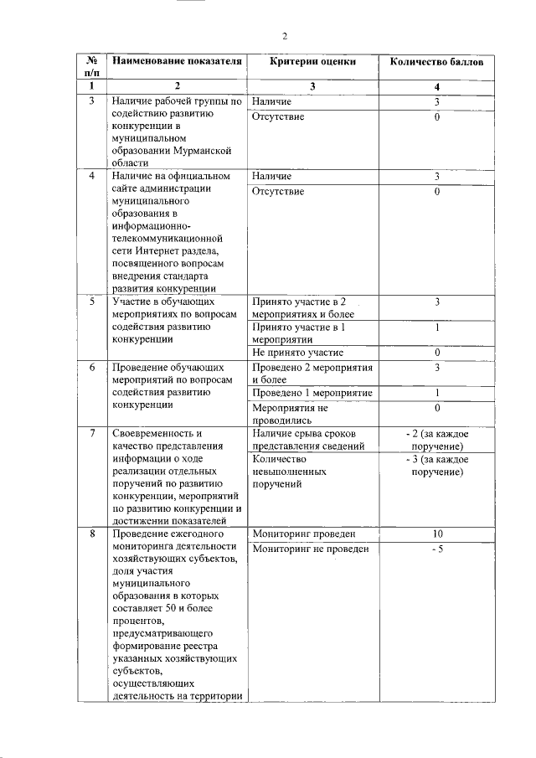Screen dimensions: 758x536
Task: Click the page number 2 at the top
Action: (x=284, y=36)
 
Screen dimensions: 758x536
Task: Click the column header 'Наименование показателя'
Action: (x=177, y=62)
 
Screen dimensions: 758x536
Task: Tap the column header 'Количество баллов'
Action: (x=436, y=62)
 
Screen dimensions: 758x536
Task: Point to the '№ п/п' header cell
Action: (x=90, y=68)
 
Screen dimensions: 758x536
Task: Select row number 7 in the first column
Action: (x=90, y=434)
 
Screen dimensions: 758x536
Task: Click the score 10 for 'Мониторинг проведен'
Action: (x=436, y=534)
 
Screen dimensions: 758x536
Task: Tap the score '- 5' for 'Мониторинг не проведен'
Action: (x=436, y=549)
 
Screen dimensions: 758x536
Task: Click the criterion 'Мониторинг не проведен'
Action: (x=310, y=549)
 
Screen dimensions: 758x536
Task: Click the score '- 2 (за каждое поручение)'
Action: (x=436, y=440)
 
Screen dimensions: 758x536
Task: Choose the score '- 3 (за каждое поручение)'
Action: (x=436, y=466)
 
